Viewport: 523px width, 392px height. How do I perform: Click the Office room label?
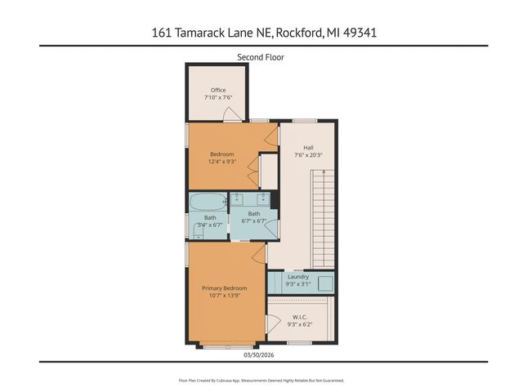pyautogui.click(x=217, y=90)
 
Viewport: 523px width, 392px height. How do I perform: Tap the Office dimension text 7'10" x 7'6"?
pyautogui.click(x=217, y=98)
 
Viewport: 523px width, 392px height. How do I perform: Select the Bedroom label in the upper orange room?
pyautogui.click(x=221, y=154)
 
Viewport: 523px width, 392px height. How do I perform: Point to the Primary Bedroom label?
pyautogui.click(x=224, y=287)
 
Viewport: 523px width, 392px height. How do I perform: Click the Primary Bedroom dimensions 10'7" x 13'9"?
pyautogui.click(x=224, y=296)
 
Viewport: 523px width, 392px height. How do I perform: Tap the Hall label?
pyautogui.click(x=308, y=147)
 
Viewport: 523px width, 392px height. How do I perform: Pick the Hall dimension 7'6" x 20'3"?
pyautogui.click(x=308, y=155)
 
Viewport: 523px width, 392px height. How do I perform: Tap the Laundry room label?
pyautogui.click(x=298, y=277)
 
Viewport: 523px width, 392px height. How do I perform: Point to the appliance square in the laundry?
pyautogui.click(x=324, y=282)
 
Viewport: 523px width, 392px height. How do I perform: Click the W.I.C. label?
pyautogui.click(x=298, y=317)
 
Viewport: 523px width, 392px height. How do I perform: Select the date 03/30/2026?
pyautogui.click(x=261, y=355)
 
